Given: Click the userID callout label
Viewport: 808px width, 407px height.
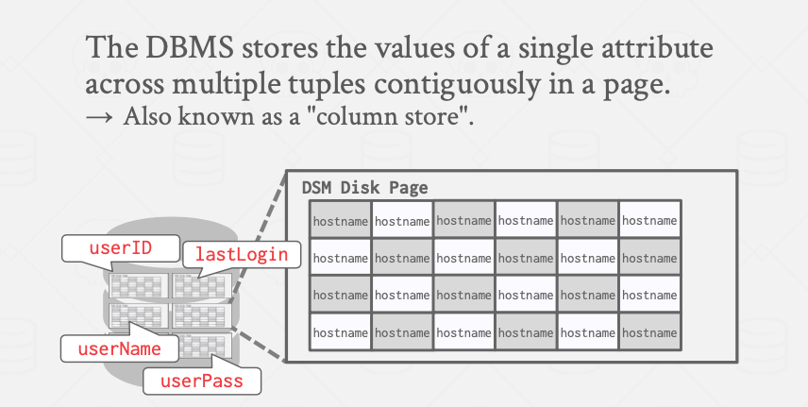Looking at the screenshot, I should click(121, 248).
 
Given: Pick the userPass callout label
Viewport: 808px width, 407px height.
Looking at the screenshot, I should click(201, 381).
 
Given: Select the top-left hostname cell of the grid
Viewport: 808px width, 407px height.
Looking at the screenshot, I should click(341, 220).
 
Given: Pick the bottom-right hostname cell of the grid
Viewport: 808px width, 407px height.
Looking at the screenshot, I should click(649, 331).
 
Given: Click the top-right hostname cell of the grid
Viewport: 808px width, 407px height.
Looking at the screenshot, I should click(649, 220).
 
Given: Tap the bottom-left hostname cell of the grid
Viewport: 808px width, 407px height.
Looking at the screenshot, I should click(341, 331).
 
